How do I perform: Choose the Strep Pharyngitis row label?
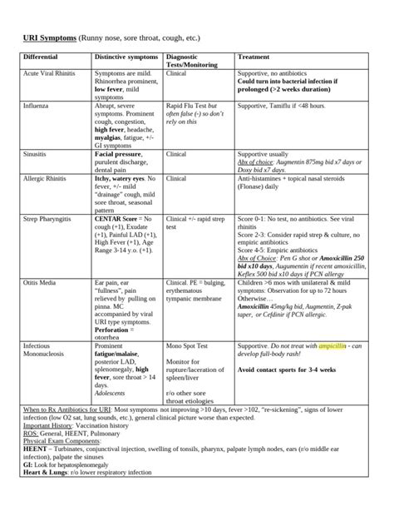50,219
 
